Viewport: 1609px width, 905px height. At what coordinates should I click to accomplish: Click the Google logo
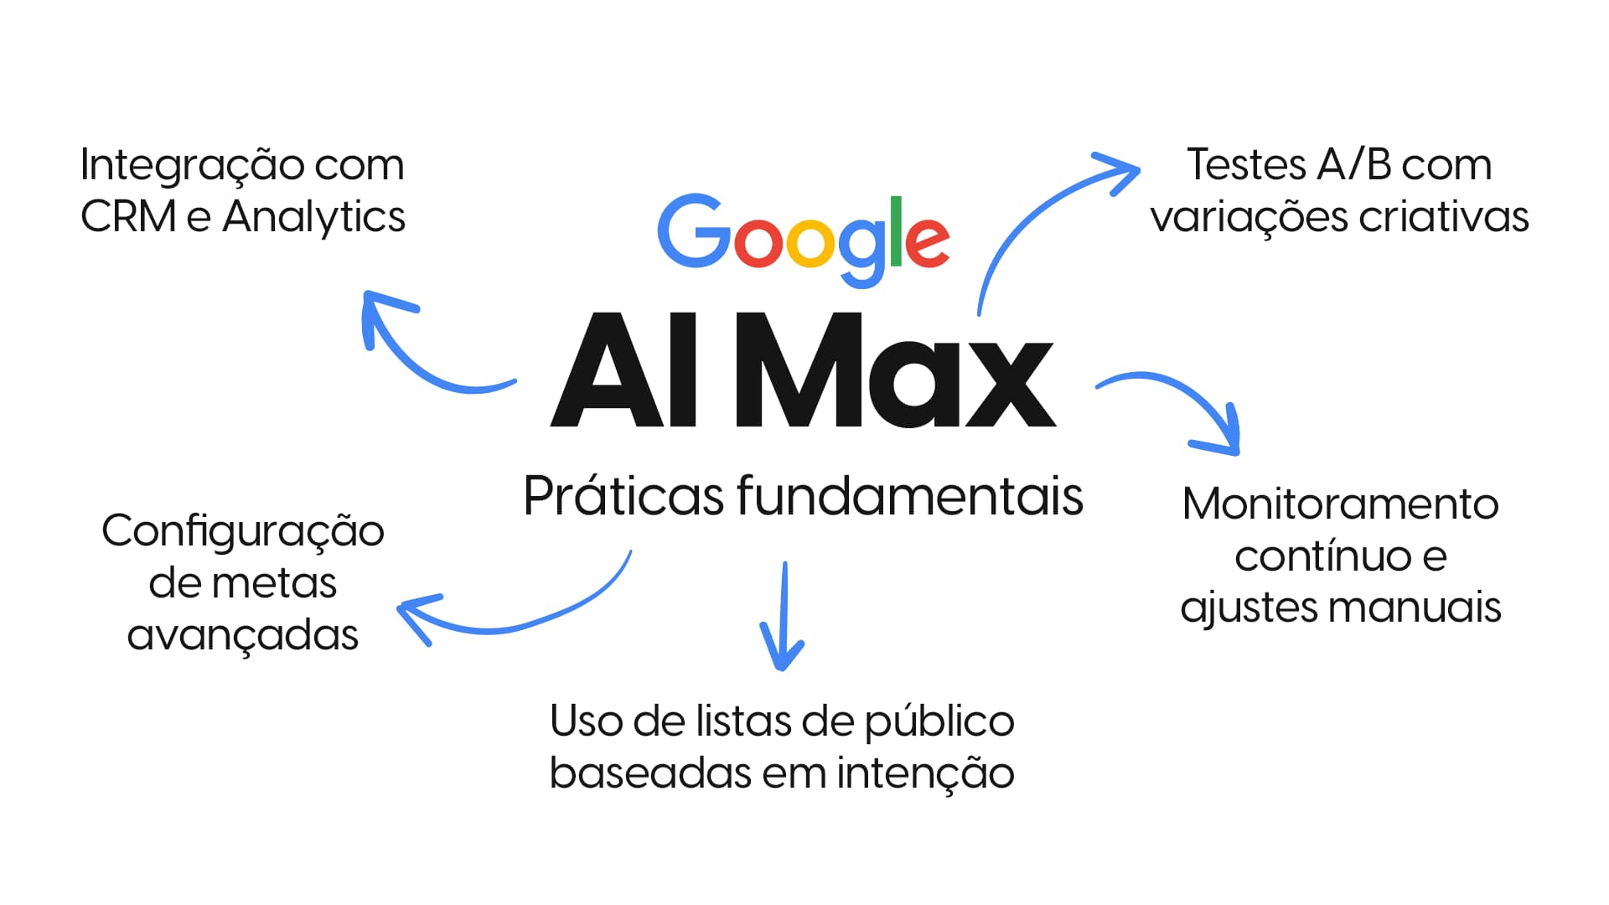[803, 238]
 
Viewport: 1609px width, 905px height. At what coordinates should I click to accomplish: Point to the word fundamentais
[910, 496]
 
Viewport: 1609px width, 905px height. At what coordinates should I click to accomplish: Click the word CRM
[128, 217]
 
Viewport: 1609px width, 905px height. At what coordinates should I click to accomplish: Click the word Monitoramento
[1340, 504]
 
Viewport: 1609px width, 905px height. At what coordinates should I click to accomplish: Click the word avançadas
[243, 636]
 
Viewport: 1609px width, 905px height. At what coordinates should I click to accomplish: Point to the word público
[939, 723]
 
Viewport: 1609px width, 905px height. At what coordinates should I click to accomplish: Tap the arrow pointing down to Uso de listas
[783, 620]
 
